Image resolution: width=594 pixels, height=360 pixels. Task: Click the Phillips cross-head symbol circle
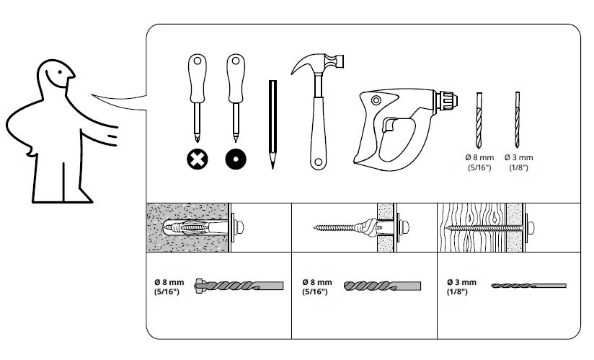coord(198,159)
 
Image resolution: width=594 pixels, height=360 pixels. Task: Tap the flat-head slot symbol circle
coord(236,159)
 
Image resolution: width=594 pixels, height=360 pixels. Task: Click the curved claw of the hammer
coord(305,63)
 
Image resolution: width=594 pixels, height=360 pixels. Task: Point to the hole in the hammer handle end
coord(318,162)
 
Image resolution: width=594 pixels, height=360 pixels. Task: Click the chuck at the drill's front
coord(446,100)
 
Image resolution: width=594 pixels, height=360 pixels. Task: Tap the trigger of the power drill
coord(389,124)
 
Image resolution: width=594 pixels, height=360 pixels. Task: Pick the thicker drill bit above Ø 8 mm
coord(479,120)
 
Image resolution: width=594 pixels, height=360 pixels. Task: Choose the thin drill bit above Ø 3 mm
coord(517,120)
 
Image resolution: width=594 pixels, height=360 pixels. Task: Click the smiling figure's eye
coord(60,72)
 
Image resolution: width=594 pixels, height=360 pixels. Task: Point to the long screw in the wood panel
coord(485,228)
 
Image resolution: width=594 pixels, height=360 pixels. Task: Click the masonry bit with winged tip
coord(239,286)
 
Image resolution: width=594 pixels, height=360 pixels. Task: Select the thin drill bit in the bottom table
coord(528,286)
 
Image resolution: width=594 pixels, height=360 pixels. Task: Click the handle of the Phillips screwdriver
coord(197,79)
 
